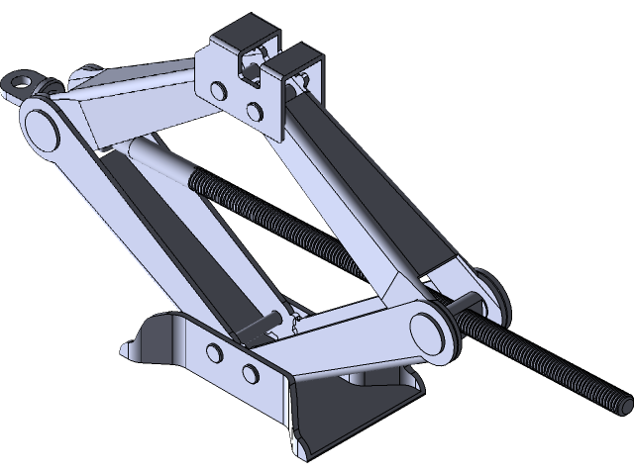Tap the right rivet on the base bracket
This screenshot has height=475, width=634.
tap(248, 371)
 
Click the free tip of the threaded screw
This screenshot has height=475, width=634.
tap(625, 403)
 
